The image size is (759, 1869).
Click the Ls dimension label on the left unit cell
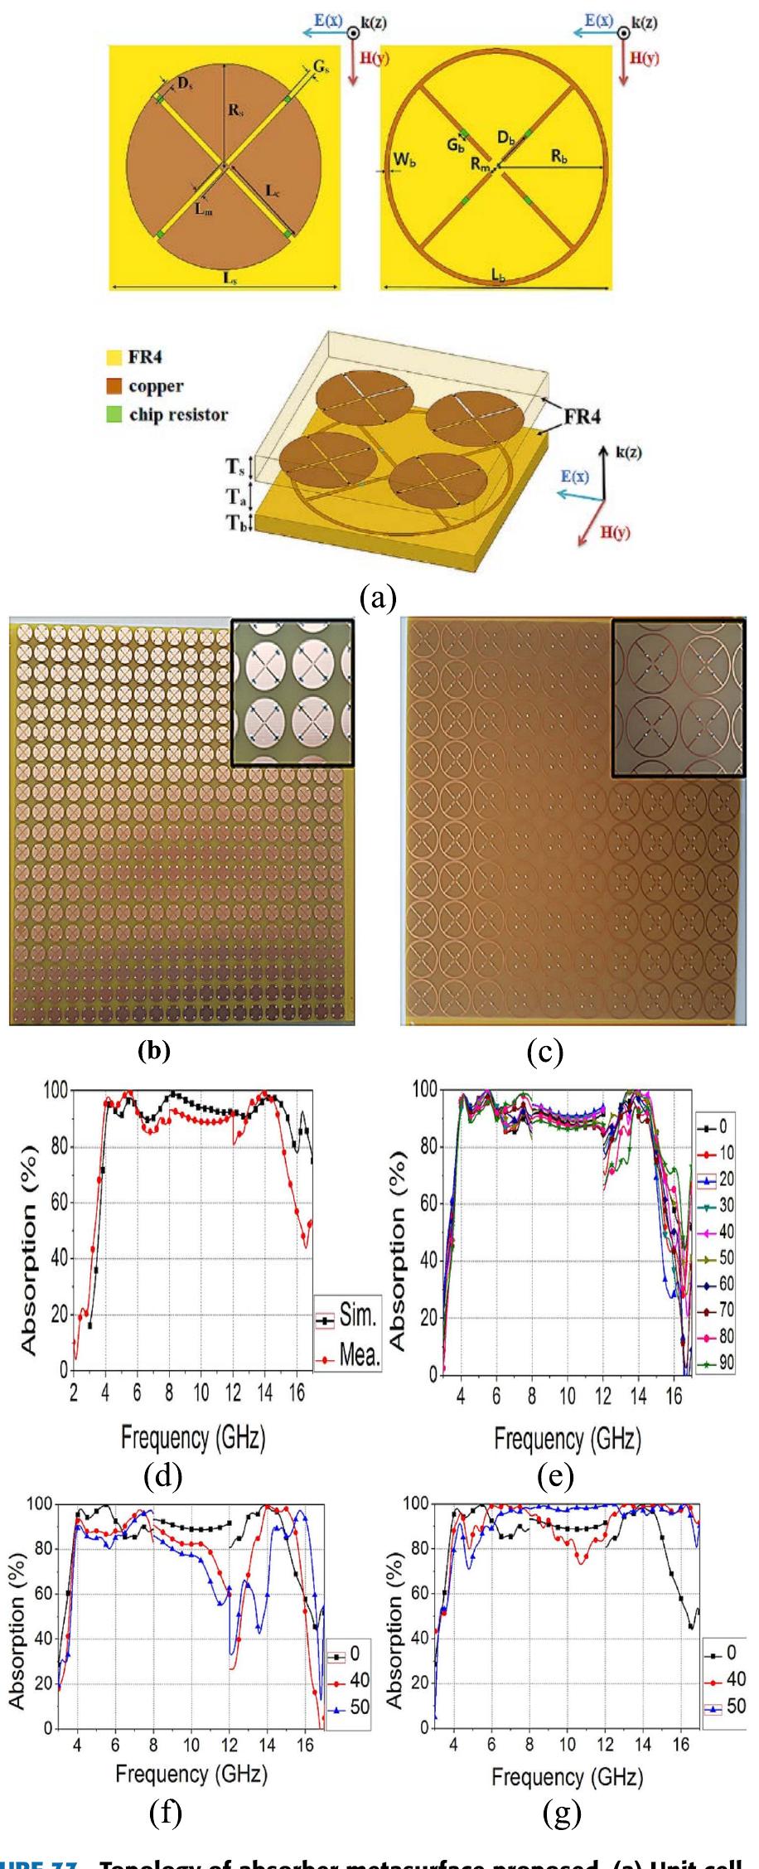pos(225,278)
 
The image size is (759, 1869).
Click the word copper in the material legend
pos(157,387)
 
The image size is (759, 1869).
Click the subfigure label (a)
pos(379,596)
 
